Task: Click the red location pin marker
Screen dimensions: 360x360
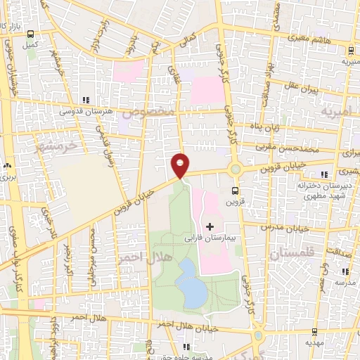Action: (x=181, y=165)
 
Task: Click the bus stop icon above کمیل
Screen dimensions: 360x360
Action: (x=30, y=33)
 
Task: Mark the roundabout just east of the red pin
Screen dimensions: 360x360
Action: (x=235, y=169)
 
